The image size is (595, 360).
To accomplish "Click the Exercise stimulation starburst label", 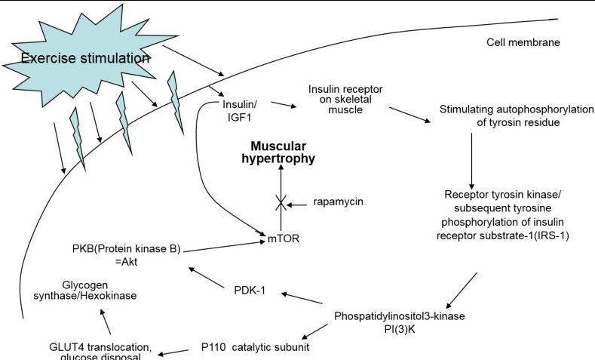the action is tap(85, 58).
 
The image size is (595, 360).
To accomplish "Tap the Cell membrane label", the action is tap(523, 42).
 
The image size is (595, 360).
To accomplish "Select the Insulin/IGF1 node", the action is tap(240, 110).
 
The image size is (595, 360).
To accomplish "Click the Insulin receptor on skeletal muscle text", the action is tap(345, 100).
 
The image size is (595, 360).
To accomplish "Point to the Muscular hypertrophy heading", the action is tap(278, 152).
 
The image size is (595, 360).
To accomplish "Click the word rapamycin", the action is tap(338, 202).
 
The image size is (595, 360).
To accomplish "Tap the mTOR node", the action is tap(284, 238).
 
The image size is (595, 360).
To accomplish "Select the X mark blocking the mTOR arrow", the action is tap(281, 202).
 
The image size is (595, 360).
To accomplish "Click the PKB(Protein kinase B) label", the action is tap(127, 249).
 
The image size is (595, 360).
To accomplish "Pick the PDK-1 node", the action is tap(250, 291).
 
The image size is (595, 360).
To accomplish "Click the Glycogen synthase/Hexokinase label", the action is tap(85, 291).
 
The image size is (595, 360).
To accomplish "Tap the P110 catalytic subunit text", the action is tap(255, 347).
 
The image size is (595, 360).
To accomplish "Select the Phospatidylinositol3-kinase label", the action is tap(399, 316).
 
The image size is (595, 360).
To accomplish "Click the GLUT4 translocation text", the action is tap(100, 347).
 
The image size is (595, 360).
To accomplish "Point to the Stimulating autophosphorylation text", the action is tap(517, 109).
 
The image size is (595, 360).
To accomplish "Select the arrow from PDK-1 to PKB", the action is tap(207, 278).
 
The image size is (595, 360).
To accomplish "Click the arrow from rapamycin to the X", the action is tap(296, 205).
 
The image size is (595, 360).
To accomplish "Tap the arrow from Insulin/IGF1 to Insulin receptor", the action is tap(284, 104).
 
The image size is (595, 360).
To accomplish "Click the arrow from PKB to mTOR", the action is tap(224, 246).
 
